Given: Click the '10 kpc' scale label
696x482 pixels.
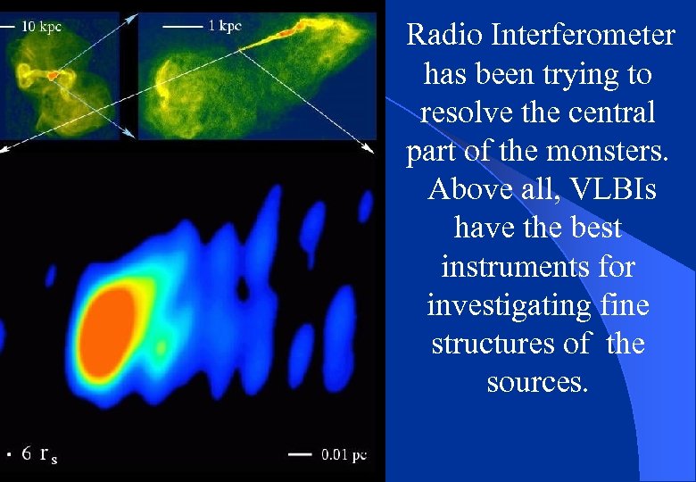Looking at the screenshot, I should (x=41, y=27).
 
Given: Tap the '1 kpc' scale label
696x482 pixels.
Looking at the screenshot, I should (x=224, y=27).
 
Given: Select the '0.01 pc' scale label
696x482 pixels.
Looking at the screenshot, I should (x=344, y=455).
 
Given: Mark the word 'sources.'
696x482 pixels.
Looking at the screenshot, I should (x=537, y=382).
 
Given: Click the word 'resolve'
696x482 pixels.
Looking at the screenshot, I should (x=468, y=112).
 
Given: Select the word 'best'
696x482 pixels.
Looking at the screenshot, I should (x=590, y=228).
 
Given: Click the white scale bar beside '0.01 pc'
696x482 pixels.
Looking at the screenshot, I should (x=300, y=455).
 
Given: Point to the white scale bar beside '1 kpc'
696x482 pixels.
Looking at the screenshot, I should (x=182, y=28).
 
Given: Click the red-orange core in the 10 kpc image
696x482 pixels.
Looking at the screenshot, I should (x=54, y=77).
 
